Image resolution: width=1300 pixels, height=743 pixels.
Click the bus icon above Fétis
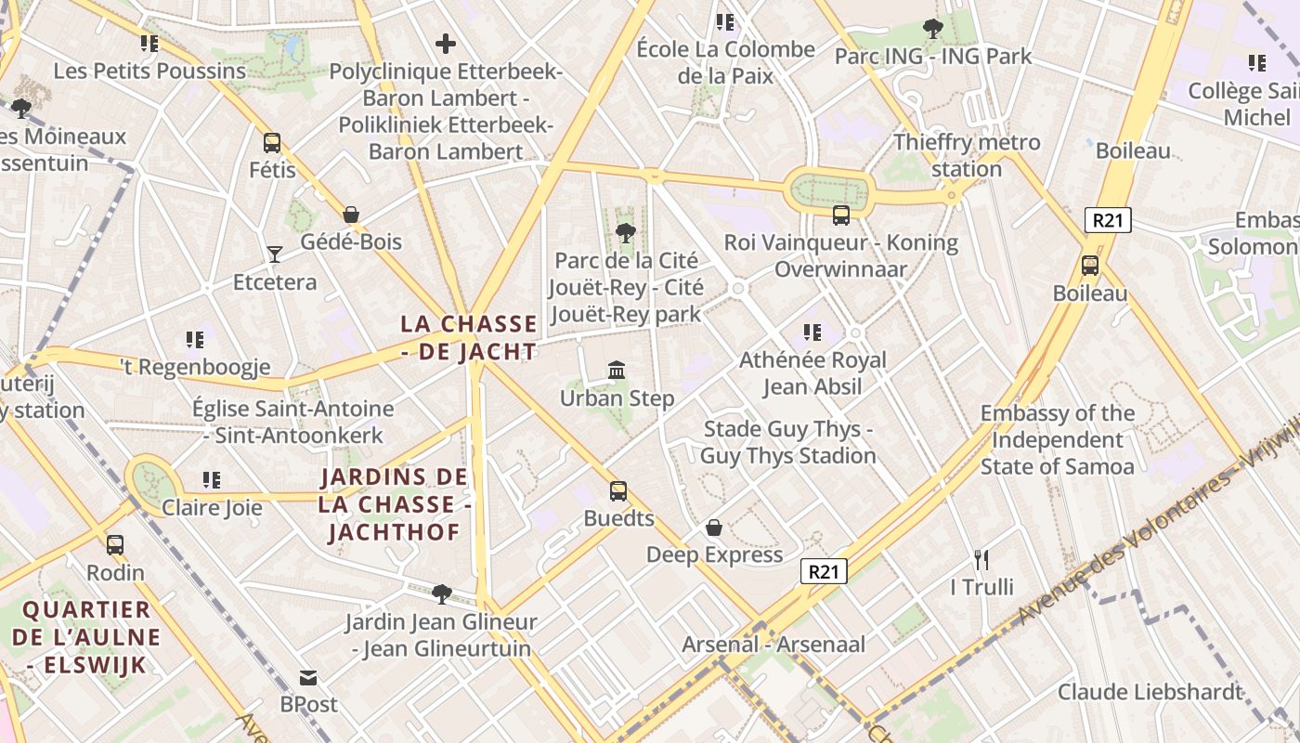coord(272,143)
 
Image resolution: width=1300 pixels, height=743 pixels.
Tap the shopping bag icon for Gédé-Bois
coord(351,215)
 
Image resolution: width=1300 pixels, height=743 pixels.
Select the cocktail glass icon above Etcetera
coord(274,254)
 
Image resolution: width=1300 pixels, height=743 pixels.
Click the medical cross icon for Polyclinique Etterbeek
coord(446,44)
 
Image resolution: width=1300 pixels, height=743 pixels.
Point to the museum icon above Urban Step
coord(617,371)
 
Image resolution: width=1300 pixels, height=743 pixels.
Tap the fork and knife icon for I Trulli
coord(981,559)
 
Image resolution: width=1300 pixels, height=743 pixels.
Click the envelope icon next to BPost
coord(308,677)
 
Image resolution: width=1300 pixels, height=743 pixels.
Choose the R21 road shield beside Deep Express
coord(824,571)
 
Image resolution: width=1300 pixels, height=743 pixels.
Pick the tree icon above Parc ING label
coord(933,29)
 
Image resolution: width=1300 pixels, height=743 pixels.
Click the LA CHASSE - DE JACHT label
coord(469,337)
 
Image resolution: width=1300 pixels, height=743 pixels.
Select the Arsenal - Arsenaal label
coord(773,644)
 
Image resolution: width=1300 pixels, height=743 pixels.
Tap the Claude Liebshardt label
coord(1150,692)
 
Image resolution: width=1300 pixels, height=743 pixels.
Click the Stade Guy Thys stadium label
coord(788,442)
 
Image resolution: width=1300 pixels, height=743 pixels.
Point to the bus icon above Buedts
coord(618,491)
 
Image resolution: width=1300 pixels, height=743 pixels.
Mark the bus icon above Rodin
coord(115,545)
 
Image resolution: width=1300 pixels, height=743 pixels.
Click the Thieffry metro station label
coord(967,155)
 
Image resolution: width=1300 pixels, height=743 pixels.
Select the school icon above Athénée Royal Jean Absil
coord(812,332)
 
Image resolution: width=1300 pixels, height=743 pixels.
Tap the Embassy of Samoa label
coord(1058,439)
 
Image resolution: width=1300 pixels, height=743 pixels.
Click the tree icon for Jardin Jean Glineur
coord(442,593)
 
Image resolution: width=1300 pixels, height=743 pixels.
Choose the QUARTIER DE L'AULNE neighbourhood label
coord(86,637)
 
